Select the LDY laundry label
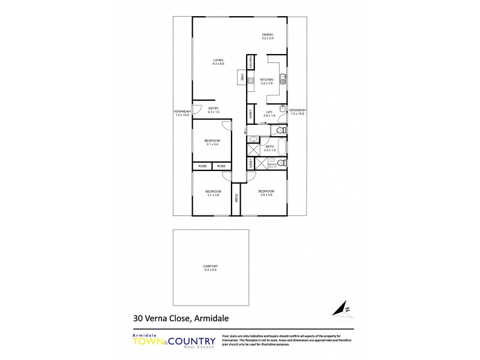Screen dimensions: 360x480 [x=269, y=113]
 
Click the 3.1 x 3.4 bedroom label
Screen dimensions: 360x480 [x=213, y=142]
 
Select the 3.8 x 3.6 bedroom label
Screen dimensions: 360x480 [x=266, y=193]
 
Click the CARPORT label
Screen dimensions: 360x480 [x=210, y=268]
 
